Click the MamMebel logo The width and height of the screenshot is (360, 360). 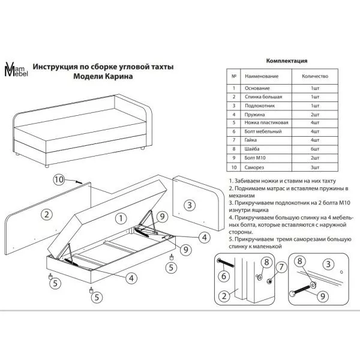[x=16, y=69]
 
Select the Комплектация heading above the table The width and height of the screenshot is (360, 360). [x=287, y=61]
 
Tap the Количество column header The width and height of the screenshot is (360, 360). [x=315, y=76]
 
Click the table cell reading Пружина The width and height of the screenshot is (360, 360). [x=254, y=115]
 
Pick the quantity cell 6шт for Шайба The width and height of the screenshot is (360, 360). [x=315, y=149]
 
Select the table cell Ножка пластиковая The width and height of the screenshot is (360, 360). [x=266, y=122]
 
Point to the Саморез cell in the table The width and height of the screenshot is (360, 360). [x=254, y=167]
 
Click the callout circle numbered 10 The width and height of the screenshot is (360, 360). [x=59, y=179]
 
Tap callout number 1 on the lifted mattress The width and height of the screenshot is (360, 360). [x=121, y=218]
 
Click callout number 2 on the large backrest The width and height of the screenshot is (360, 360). [x=47, y=214]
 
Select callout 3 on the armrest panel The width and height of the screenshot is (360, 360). [x=190, y=205]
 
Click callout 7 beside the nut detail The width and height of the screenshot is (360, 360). [x=281, y=267]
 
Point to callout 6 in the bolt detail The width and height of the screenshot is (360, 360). [x=224, y=276]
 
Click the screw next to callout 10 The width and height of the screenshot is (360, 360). [x=79, y=182]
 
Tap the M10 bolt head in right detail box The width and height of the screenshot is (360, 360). [x=293, y=294]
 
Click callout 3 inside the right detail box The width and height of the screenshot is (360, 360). [x=328, y=264]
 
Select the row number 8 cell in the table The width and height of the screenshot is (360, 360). [x=234, y=149]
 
